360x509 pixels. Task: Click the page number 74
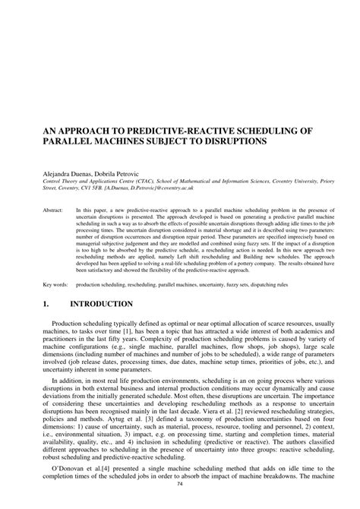pyautogui.click(x=180, y=502)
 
